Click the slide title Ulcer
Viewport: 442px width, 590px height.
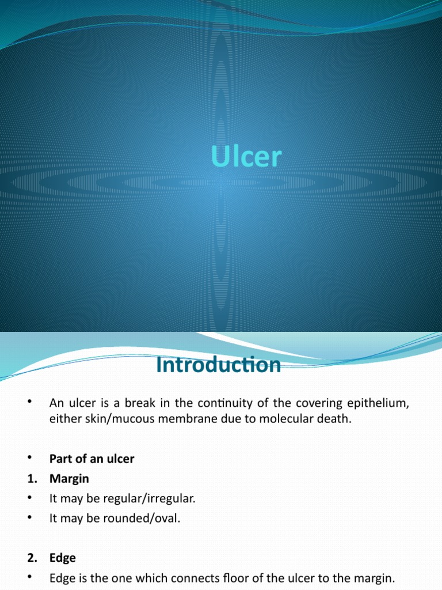coord(246,157)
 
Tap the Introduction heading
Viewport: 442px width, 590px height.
coord(219,365)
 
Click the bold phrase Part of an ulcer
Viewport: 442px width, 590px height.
coord(92,459)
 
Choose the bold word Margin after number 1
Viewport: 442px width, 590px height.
coord(69,478)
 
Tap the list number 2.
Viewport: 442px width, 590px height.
coord(31,558)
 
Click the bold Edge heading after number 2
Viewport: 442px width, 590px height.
coord(62,558)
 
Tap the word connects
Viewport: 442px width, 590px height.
coord(163,577)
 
